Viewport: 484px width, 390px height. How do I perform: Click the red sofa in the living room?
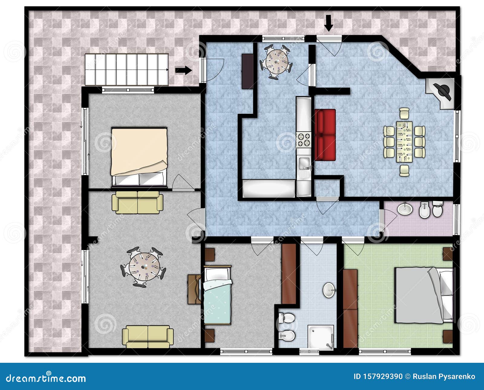(325, 135)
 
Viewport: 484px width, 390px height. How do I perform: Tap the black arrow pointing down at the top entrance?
(329, 23)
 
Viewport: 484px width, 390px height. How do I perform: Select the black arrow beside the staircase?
(184, 70)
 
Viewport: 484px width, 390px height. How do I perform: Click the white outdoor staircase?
(127, 70)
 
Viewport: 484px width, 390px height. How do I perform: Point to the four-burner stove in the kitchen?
(304, 140)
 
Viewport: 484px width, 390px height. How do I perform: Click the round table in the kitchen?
(276, 62)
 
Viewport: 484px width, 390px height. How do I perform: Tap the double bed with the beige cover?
(139, 157)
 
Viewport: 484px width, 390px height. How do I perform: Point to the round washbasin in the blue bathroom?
(329, 290)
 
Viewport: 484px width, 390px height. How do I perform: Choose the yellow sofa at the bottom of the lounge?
(148, 336)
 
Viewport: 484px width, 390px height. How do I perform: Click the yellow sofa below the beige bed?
(137, 202)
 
